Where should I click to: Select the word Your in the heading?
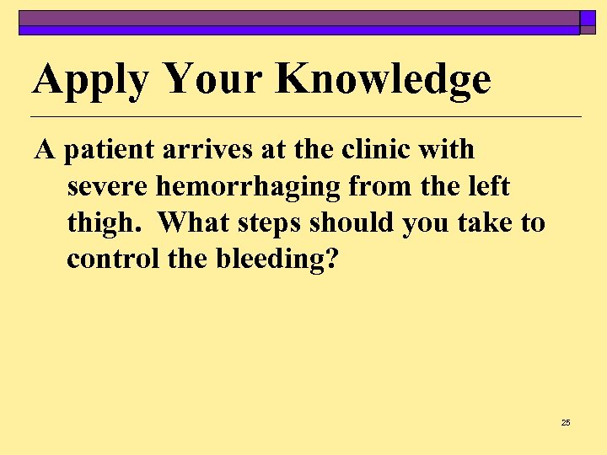click(x=214, y=79)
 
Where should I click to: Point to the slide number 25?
click(x=566, y=422)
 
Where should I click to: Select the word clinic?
click(x=375, y=150)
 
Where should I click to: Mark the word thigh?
click(x=105, y=223)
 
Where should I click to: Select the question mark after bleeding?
click(x=330, y=259)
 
